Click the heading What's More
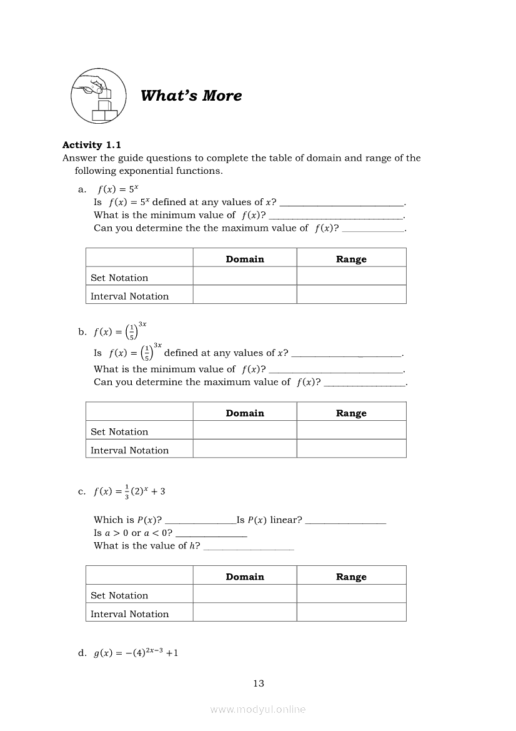click(191, 96)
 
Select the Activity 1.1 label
click(92, 145)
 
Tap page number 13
click(259, 683)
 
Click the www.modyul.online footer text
click(258, 709)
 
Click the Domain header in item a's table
click(245, 259)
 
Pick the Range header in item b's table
click(351, 413)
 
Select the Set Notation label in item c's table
click(119, 595)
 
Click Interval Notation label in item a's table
click(129, 296)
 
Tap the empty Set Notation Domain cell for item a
click(245, 277)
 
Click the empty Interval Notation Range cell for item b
click(351, 450)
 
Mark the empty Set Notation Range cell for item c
click(351, 595)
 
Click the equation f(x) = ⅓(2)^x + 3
click(129, 492)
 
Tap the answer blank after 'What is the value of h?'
click(249, 547)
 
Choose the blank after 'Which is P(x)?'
click(199, 521)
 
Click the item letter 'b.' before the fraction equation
click(82, 332)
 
